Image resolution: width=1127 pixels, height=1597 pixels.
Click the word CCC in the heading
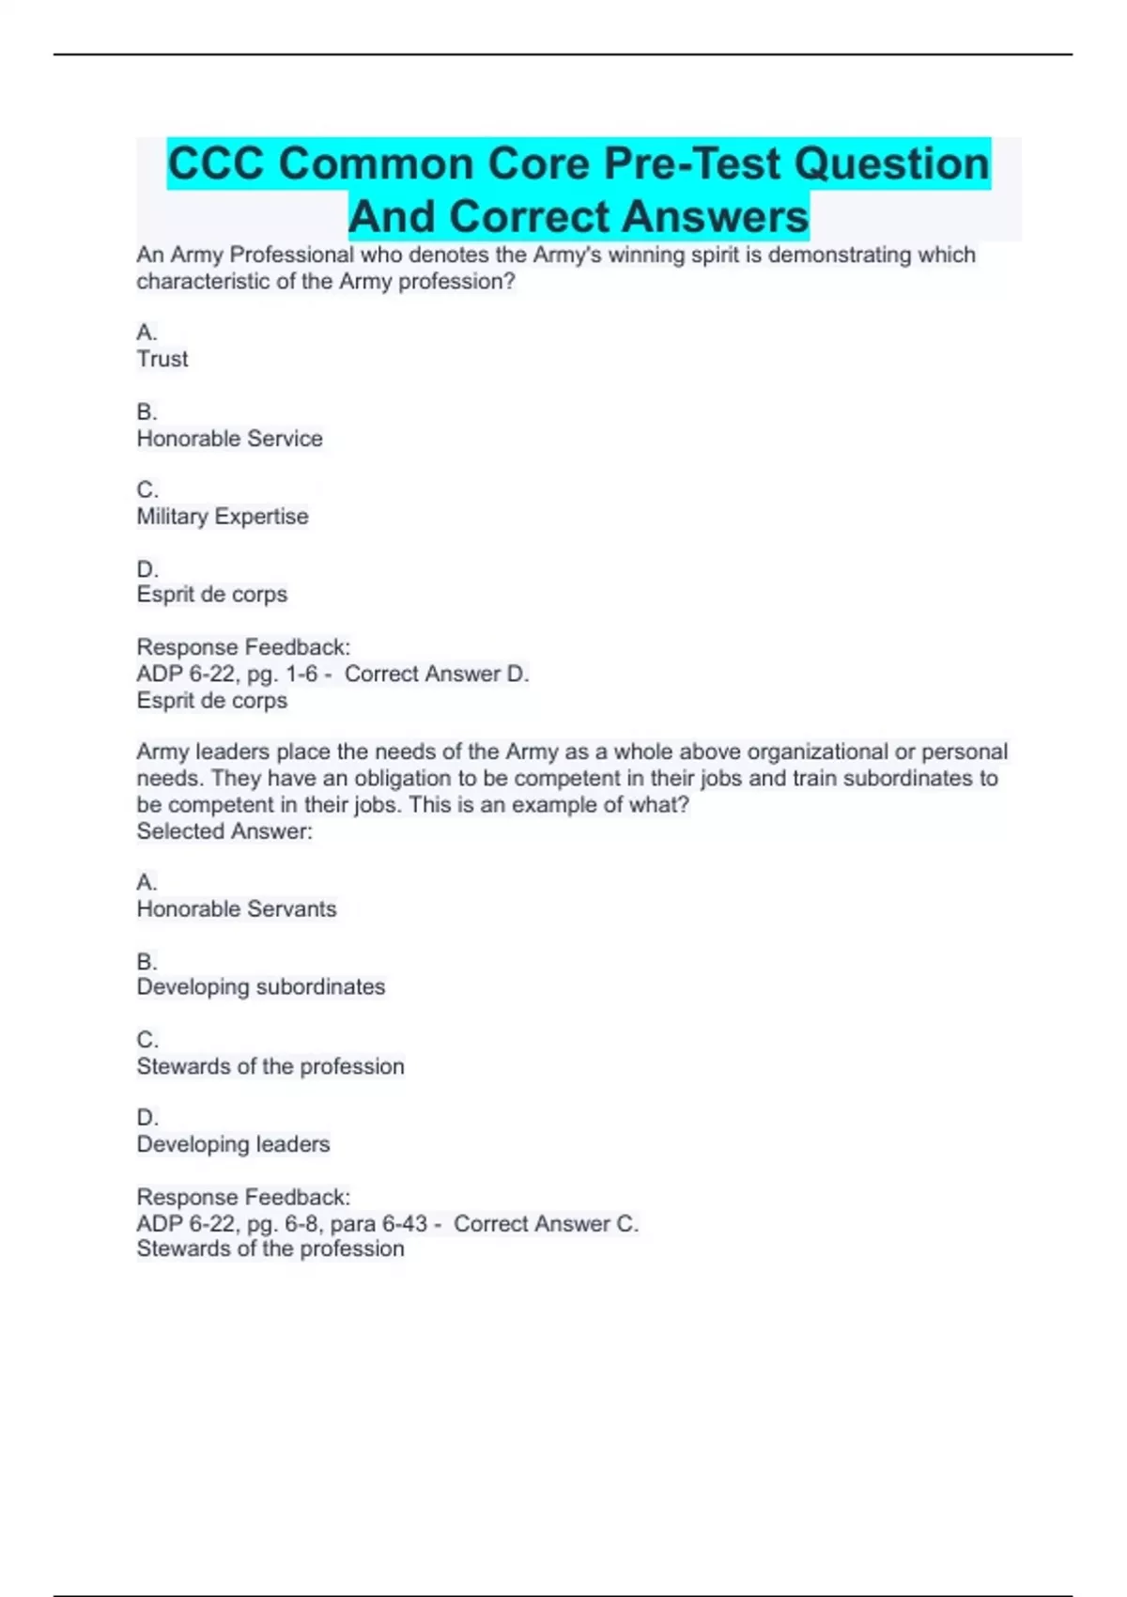(x=215, y=163)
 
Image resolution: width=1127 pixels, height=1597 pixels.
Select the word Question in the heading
(x=892, y=163)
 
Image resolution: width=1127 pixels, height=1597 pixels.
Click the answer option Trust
(x=162, y=359)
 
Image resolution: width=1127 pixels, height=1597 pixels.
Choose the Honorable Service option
(x=229, y=439)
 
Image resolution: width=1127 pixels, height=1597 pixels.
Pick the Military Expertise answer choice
(x=223, y=517)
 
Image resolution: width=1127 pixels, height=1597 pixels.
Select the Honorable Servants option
(x=237, y=909)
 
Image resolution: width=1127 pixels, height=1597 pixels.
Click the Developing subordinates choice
(x=261, y=987)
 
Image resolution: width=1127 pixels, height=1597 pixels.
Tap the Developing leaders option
(x=233, y=1144)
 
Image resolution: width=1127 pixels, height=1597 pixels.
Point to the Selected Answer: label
(x=224, y=831)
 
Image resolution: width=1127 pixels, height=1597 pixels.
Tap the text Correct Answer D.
(x=437, y=674)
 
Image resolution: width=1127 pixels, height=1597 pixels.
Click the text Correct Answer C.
(x=546, y=1224)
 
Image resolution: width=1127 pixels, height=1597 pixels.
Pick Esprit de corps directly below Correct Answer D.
(x=212, y=701)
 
